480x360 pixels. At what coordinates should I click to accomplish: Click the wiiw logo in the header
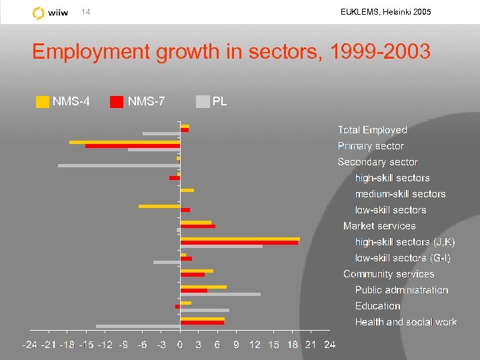pyautogui.click(x=48, y=13)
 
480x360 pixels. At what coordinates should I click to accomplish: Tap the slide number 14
pyautogui.click(x=85, y=13)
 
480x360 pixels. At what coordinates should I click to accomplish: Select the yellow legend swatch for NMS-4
pyautogui.click(x=43, y=102)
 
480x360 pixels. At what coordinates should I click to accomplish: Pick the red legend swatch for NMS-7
pyautogui.click(x=117, y=102)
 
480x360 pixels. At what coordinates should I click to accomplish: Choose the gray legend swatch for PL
pyautogui.click(x=203, y=102)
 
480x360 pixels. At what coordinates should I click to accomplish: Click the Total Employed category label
pyautogui.click(x=372, y=130)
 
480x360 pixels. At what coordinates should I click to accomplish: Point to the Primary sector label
pyautogui.click(x=371, y=146)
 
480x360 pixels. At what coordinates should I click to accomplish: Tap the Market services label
pyautogui.click(x=379, y=226)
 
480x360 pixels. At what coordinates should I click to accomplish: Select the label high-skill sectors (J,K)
pyautogui.click(x=405, y=242)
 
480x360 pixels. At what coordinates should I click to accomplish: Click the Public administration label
pyautogui.click(x=401, y=290)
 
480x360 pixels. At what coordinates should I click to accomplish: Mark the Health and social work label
pyautogui.click(x=405, y=322)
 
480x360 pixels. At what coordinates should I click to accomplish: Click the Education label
pyautogui.click(x=377, y=306)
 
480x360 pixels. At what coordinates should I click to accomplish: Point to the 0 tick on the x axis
pyautogui.click(x=180, y=345)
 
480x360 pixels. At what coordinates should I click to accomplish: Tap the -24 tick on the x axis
pyautogui.click(x=30, y=345)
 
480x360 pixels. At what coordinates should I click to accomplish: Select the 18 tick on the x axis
pyautogui.click(x=292, y=345)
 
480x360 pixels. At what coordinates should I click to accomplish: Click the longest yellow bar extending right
pyautogui.click(x=240, y=238)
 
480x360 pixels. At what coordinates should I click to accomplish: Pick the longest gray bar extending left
pyautogui.click(x=119, y=165)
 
